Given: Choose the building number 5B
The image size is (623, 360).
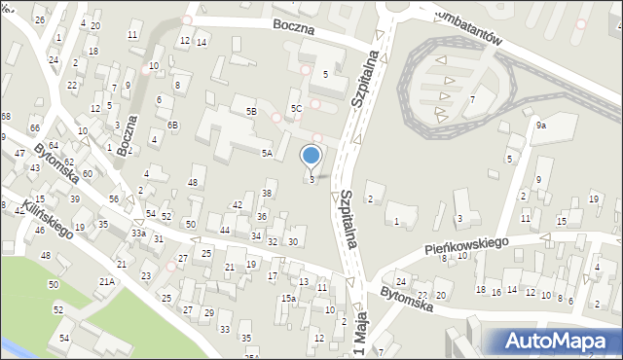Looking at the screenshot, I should [x=251, y=112].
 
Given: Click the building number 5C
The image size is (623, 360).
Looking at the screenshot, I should [x=296, y=108].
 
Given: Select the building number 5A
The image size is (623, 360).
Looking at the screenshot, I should [x=266, y=153].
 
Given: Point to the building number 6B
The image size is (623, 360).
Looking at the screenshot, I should [x=172, y=125].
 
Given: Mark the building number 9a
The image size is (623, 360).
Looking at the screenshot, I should [x=540, y=125].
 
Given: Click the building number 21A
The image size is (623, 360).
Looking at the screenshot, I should [x=106, y=281].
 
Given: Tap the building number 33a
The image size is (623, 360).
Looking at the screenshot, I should [x=139, y=234].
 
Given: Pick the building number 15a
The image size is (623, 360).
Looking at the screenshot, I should [x=288, y=298].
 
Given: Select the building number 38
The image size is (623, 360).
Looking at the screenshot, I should [x=266, y=194].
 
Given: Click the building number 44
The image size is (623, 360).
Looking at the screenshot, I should [x=225, y=230].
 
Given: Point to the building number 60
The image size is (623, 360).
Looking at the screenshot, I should [x=87, y=173].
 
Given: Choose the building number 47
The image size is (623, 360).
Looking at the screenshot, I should [x=19, y=154].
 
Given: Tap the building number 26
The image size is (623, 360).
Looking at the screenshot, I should [x=39, y=19].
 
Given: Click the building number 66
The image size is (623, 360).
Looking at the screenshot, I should [x=34, y=128].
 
